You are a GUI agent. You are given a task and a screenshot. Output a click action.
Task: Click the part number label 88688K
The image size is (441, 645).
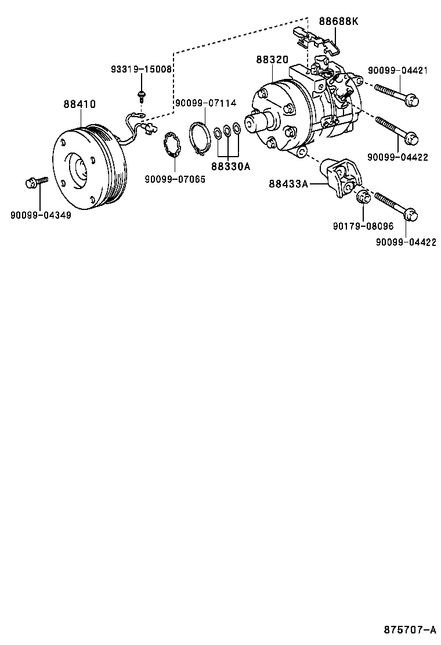(339, 21)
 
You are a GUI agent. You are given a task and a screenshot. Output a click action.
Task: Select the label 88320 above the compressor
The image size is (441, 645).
(272, 60)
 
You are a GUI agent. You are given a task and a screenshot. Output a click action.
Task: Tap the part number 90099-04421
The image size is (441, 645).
(397, 71)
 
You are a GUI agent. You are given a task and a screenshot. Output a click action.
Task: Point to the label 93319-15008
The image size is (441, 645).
(142, 69)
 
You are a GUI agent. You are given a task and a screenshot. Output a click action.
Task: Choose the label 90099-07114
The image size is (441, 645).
(206, 103)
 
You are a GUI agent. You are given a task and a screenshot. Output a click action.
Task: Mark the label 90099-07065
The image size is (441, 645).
(175, 179)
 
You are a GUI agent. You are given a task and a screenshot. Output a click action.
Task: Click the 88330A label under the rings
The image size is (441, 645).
(230, 167)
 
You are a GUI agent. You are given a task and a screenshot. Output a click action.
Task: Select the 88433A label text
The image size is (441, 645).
(288, 184)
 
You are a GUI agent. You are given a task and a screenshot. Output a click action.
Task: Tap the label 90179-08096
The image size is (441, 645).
(363, 227)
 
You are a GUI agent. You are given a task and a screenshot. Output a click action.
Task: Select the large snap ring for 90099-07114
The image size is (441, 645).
(201, 140)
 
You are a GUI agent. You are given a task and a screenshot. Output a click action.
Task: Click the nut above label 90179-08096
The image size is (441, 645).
(362, 197)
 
